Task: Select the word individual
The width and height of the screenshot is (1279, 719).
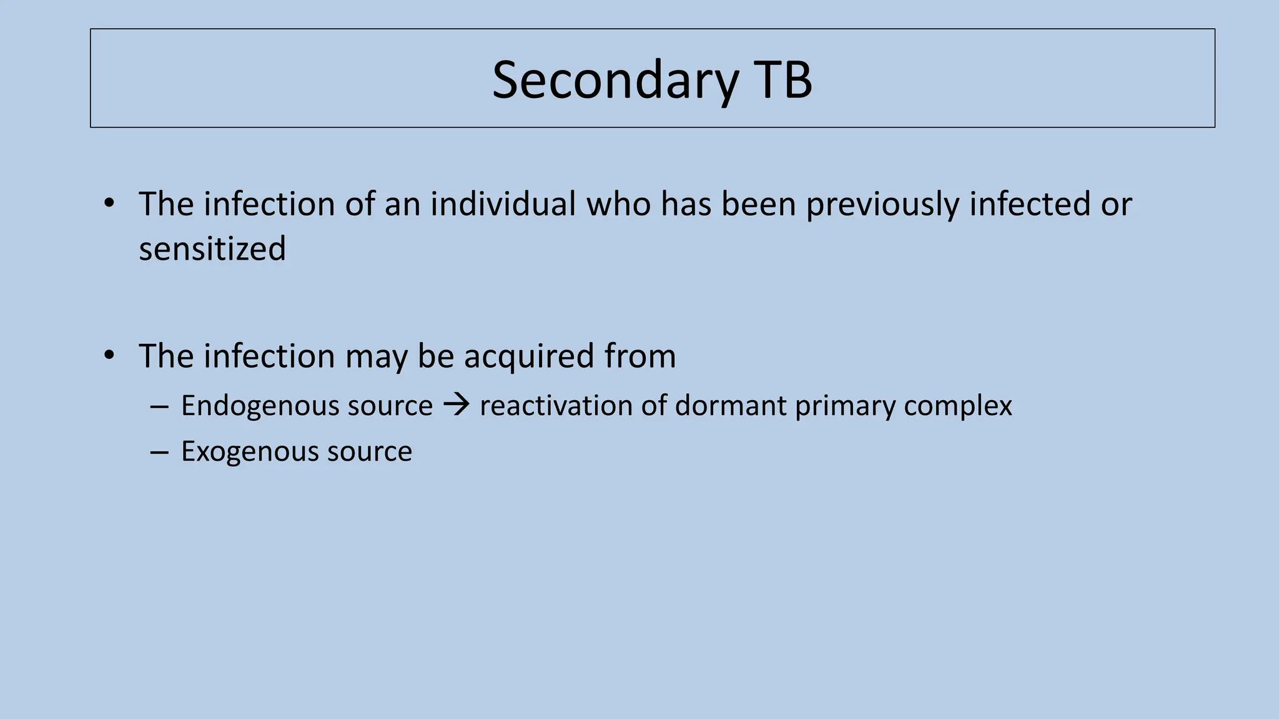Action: (503, 204)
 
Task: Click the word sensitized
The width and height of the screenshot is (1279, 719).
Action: (212, 249)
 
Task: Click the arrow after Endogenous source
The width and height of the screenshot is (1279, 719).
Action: (456, 406)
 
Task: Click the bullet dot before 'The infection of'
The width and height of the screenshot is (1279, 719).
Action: (109, 203)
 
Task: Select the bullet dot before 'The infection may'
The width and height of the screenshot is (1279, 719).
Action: (109, 355)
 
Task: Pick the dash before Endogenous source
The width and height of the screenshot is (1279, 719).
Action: (159, 406)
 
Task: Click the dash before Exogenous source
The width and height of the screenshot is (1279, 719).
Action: (159, 452)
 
